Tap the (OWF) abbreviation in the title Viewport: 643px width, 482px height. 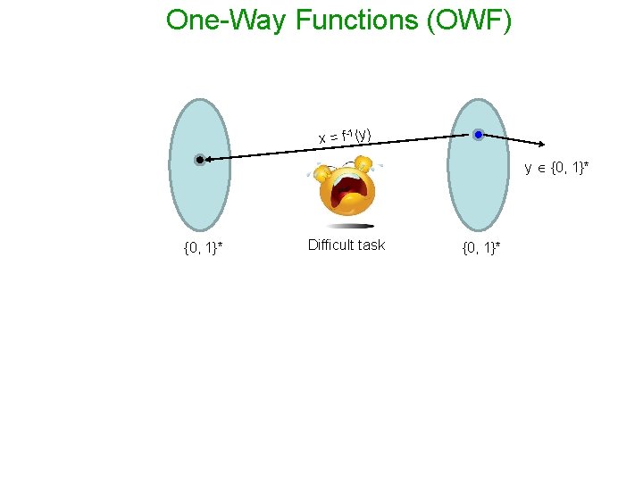470,20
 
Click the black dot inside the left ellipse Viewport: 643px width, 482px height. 200,160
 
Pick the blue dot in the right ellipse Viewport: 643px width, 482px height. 478,135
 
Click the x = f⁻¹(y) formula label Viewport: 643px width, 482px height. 345,137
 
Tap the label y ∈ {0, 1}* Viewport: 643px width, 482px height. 563,168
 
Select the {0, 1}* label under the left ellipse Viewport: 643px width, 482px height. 203,247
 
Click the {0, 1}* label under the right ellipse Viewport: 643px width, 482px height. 481,247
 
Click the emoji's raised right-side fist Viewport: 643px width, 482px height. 363,163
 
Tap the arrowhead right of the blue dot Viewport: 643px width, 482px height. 543,144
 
